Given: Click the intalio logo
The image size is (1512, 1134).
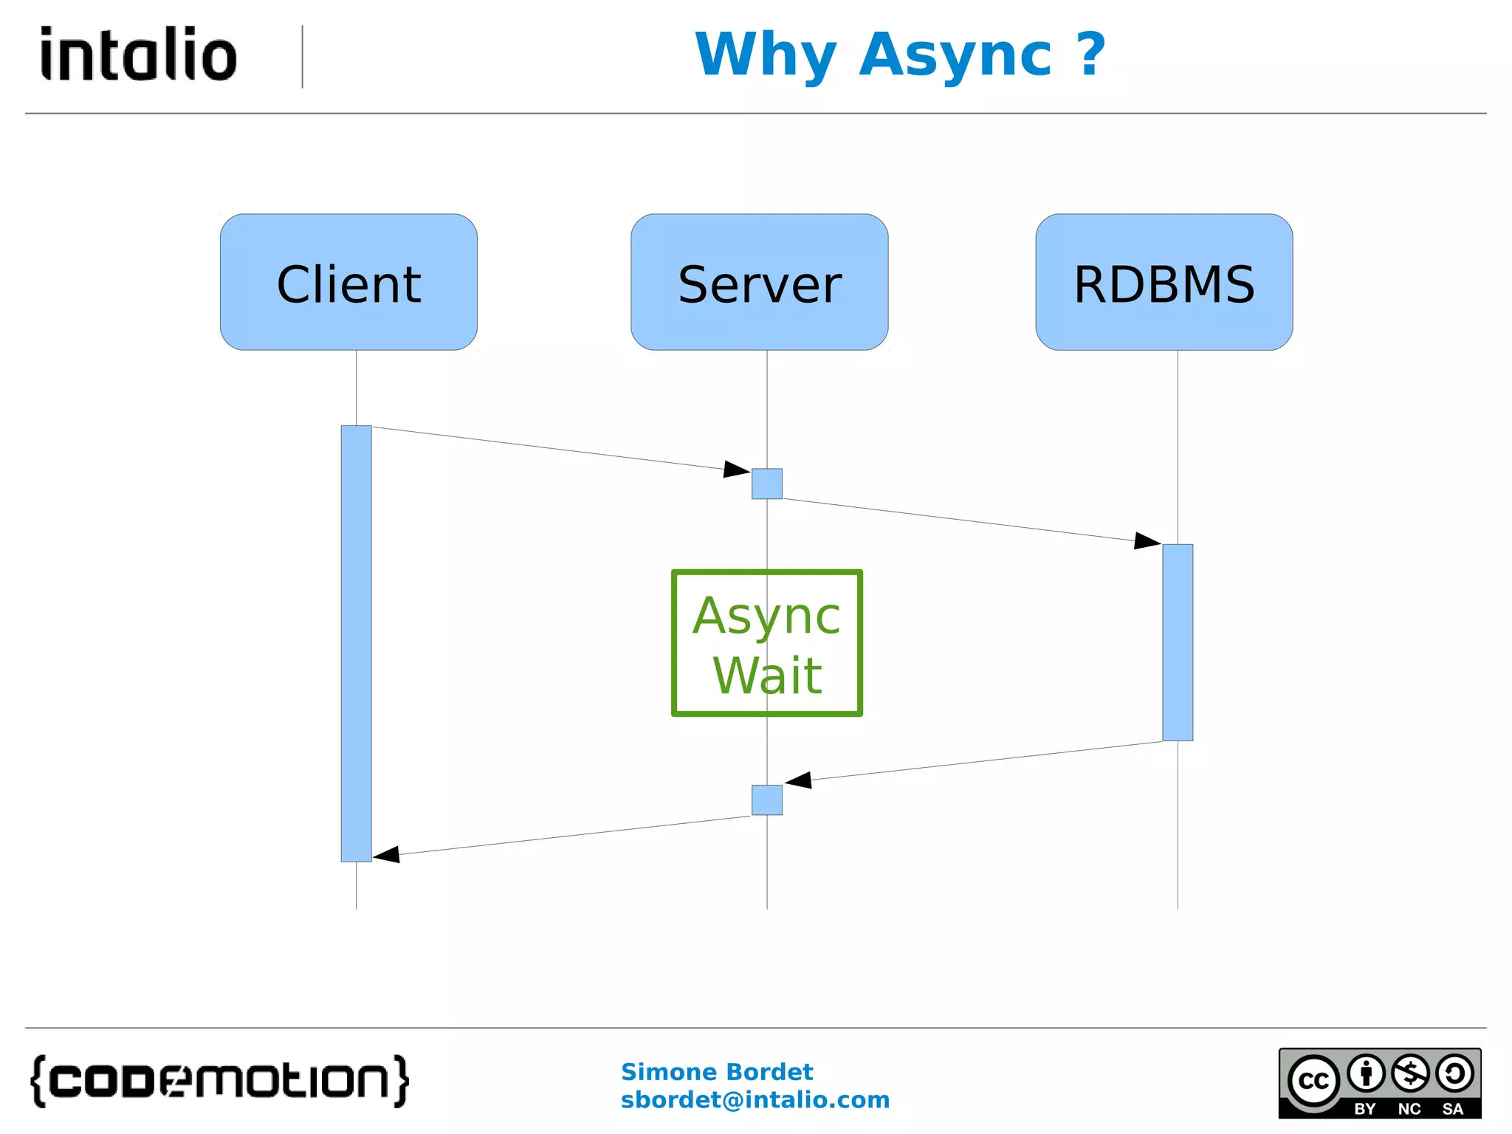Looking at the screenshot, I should tap(139, 54).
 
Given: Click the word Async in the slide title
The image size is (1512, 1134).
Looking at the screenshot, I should tap(955, 55).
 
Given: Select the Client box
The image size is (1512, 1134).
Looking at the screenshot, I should tap(348, 282).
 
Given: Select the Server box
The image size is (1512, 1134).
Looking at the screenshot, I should tap(759, 282).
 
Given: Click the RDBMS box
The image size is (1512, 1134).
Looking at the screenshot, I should tap(1164, 282).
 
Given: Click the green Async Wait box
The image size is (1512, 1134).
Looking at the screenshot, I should tap(766, 642).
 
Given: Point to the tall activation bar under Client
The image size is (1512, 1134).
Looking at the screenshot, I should tap(356, 642).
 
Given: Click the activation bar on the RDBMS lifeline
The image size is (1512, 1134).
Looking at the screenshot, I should tap(1178, 642).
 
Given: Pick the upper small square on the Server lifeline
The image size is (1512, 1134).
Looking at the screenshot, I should tap(766, 484).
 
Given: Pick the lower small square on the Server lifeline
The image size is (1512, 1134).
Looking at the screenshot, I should tap(766, 800).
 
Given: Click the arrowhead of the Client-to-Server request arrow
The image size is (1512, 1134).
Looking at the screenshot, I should tap(737, 469).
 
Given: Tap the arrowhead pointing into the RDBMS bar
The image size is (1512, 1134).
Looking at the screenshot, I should tap(1147, 540).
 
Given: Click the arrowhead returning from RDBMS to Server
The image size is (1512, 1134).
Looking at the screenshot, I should tap(799, 780).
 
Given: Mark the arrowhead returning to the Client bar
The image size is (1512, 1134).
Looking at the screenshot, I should tap(387, 855).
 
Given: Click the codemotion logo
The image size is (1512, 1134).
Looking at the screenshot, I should tap(219, 1080).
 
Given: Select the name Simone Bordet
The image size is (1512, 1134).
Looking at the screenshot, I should tap(716, 1071).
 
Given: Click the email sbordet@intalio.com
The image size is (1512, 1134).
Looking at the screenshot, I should tap(755, 1100).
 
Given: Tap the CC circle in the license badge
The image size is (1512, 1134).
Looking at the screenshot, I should tap(1313, 1081).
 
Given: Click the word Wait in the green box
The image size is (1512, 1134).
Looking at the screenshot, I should tap(766, 676).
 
